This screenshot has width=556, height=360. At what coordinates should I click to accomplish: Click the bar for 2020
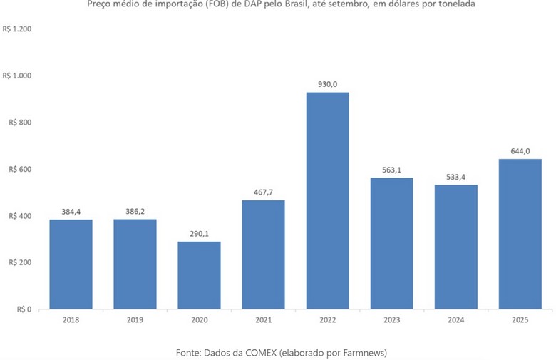199,275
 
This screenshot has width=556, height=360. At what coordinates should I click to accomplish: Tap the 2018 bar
71,264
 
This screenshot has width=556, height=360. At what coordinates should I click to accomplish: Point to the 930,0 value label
327,84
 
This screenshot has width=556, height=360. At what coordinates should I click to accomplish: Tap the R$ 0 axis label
24,309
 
